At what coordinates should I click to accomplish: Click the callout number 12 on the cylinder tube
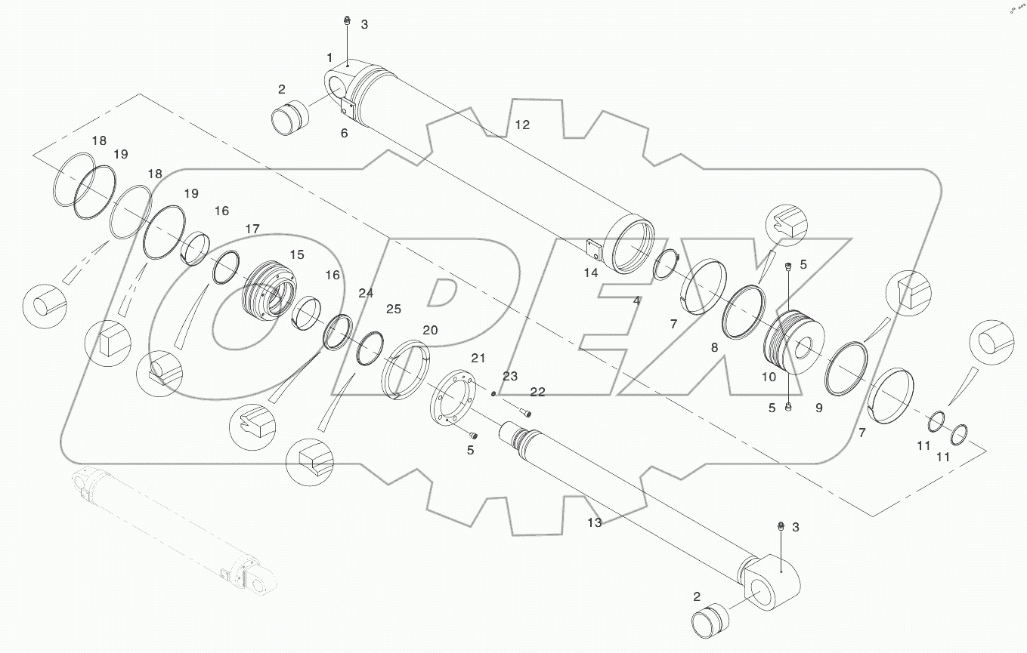pyautogui.click(x=522, y=125)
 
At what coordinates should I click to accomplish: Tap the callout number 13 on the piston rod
pyautogui.click(x=594, y=522)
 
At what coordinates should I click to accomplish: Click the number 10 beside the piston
pyautogui.click(x=768, y=377)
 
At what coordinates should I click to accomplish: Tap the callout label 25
pyautogui.click(x=394, y=309)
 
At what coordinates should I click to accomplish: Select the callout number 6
pyautogui.click(x=344, y=133)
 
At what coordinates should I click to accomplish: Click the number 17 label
pyautogui.click(x=252, y=228)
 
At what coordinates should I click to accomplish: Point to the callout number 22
pyautogui.click(x=537, y=391)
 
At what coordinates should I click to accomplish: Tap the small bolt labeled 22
pyautogui.click(x=526, y=412)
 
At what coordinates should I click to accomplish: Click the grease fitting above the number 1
pyautogui.click(x=345, y=20)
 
